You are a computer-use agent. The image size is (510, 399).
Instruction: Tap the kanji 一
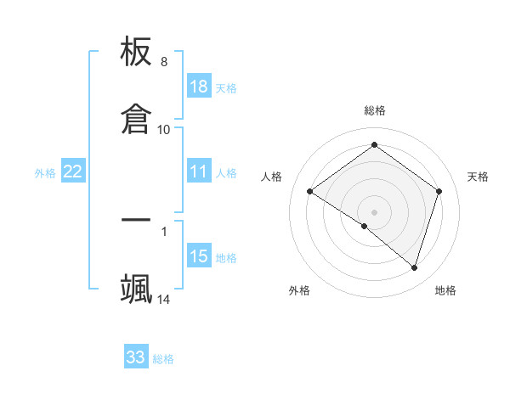pyautogui.click(x=137, y=221)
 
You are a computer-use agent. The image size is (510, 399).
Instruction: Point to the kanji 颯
pyautogui.click(x=137, y=288)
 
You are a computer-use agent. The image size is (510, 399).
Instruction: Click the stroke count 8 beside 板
pyautogui.click(x=164, y=62)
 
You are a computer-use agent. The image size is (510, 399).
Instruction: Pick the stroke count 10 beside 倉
pyautogui.click(x=164, y=129)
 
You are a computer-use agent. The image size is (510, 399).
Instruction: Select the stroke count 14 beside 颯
pyautogui.click(x=164, y=299)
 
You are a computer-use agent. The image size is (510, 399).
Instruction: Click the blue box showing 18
pyautogui.click(x=198, y=87)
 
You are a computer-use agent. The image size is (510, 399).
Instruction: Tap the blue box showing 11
pyautogui.click(x=198, y=171)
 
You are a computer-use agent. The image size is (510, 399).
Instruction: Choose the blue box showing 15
pyautogui.click(x=198, y=256)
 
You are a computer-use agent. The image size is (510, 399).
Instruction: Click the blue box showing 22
pyautogui.click(x=73, y=171)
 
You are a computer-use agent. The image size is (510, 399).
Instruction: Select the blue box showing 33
pyautogui.click(x=136, y=357)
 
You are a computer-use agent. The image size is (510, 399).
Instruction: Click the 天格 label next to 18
pyautogui.click(x=226, y=88)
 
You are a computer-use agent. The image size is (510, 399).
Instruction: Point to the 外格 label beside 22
pyautogui.click(x=45, y=173)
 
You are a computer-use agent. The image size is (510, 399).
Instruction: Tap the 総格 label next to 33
pyautogui.click(x=163, y=359)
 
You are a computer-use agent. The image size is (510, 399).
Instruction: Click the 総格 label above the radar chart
pyautogui.click(x=375, y=110)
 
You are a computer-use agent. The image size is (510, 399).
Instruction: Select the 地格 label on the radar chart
pyautogui.click(x=445, y=290)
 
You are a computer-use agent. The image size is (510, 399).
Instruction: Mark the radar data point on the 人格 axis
pyautogui.click(x=310, y=192)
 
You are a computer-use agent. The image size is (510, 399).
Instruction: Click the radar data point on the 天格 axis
pyautogui.click(x=439, y=191)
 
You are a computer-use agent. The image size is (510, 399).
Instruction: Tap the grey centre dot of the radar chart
pyautogui.click(x=375, y=211)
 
